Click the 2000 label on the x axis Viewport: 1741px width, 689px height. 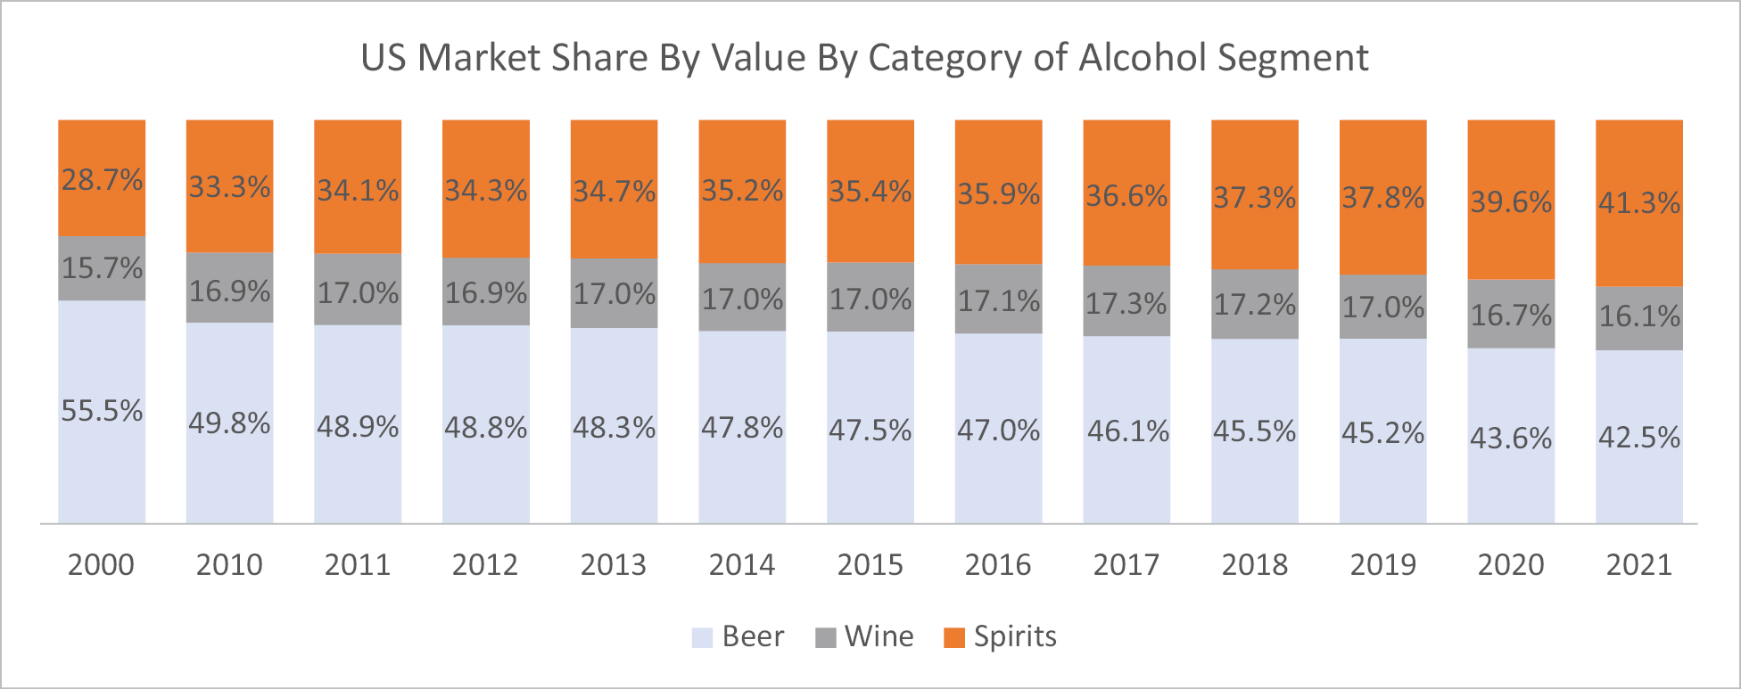coord(101,564)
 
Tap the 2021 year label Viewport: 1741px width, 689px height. coord(1638,564)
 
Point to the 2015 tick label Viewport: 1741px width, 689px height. coord(870,564)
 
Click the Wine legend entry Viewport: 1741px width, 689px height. coord(864,636)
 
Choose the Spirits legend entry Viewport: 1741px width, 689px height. coord(1000,636)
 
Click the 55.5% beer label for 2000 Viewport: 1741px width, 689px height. coord(102,411)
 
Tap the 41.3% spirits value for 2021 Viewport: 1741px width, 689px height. coord(1638,203)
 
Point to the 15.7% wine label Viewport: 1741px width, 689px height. coord(102,267)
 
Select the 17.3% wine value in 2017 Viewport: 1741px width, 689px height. coord(1126,304)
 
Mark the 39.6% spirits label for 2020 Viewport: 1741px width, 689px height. coord(1511,202)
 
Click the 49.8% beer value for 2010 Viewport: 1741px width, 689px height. coord(229,423)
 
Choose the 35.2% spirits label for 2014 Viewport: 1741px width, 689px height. coord(742,191)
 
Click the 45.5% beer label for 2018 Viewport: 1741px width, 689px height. coord(1254,431)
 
